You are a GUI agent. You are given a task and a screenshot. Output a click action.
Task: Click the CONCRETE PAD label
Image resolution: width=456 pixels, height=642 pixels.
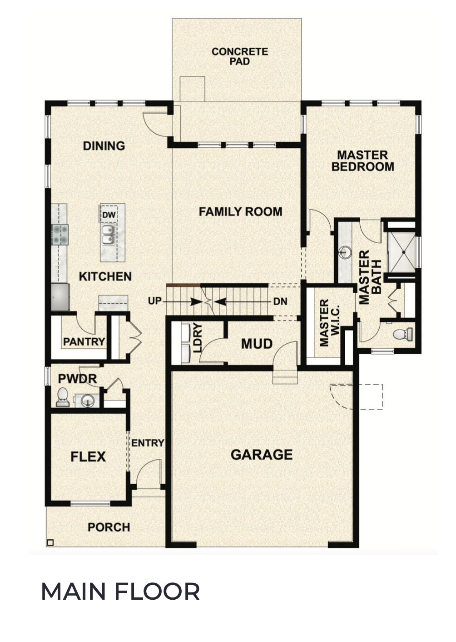click(x=239, y=56)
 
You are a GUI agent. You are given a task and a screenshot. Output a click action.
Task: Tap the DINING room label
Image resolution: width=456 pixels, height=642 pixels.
click(x=104, y=146)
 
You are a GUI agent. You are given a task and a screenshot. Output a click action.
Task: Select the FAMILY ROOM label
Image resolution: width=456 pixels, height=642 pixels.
click(x=240, y=211)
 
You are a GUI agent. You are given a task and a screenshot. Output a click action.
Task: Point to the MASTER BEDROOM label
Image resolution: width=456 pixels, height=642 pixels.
click(x=362, y=161)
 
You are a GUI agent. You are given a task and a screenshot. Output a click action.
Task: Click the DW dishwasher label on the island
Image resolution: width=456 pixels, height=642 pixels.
click(x=108, y=215)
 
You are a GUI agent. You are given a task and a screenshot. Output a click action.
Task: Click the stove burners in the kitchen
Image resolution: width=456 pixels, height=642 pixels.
click(x=59, y=235)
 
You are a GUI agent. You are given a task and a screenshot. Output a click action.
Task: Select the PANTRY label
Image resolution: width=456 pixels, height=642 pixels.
click(x=84, y=341)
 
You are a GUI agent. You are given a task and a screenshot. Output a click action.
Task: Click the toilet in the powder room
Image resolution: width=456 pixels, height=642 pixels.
click(x=63, y=397)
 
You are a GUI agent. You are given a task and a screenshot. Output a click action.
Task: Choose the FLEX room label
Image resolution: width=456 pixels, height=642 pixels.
click(x=88, y=456)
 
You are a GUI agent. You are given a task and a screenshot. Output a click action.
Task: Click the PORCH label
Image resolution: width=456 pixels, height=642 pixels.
click(x=109, y=527)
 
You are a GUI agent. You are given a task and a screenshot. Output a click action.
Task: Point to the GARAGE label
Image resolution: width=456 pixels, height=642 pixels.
click(x=262, y=455)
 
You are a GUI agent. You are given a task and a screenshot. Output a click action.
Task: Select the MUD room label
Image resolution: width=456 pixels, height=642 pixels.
click(x=257, y=344)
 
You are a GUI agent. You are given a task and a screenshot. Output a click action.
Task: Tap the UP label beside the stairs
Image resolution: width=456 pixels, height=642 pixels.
click(x=155, y=301)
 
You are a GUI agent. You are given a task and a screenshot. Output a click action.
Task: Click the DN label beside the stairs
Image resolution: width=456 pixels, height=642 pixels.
click(x=280, y=301)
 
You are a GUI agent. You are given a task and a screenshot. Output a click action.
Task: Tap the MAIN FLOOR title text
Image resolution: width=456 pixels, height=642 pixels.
click(x=120, y=592)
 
